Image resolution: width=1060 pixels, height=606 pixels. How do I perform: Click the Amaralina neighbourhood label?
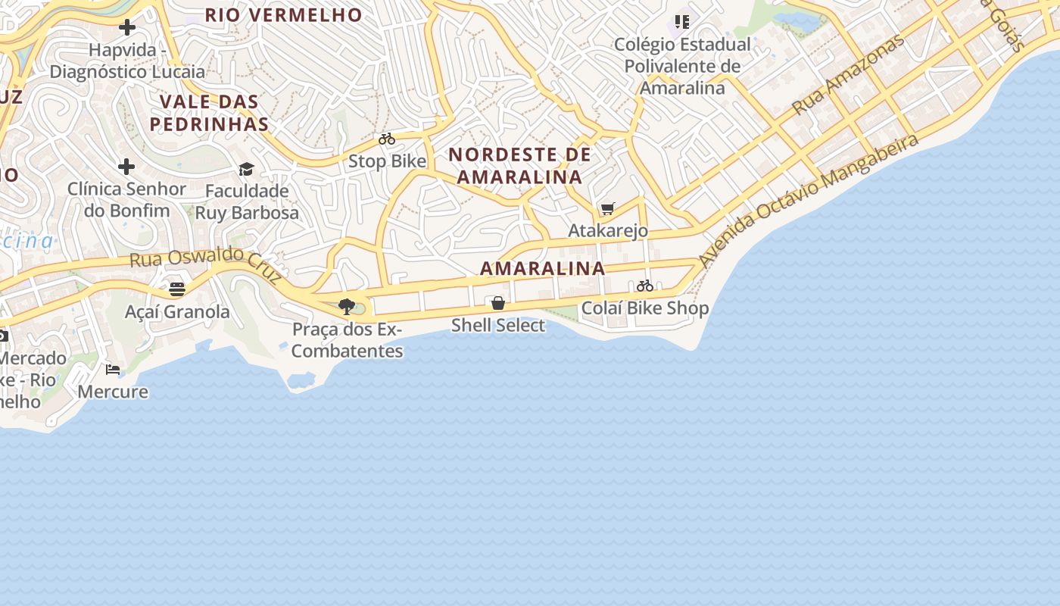(x=542, y=268)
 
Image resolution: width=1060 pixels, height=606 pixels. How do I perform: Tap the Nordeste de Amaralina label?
(x=519, y=165)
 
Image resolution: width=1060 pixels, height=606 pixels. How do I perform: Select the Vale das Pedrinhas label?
(x=209, y=112)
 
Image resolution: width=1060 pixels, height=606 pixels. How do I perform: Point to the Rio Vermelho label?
(x=283, y=14)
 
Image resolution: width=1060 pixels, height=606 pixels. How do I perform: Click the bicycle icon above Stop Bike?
(x=387, y=139)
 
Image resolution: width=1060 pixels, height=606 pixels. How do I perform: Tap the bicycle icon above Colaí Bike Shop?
(x=645, y=286)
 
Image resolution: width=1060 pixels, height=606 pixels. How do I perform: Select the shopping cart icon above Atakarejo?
(x=607, y=208)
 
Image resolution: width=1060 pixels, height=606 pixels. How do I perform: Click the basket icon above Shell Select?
(x=498, y=303)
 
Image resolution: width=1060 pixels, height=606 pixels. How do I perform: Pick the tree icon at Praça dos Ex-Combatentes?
(x=347, y=307)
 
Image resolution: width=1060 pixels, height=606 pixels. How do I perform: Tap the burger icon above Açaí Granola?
(x=177, y=289)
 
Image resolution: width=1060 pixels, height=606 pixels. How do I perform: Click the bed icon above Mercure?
(x=113, y=370)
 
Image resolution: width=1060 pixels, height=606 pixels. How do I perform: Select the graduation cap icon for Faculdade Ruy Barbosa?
(x=246, y=169)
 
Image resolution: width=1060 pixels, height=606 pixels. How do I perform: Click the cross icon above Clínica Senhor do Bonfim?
(x=126, y=166)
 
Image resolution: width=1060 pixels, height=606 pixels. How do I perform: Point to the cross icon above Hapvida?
(x=127, y=27)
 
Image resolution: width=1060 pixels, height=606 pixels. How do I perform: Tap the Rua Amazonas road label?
(x=848, y=74)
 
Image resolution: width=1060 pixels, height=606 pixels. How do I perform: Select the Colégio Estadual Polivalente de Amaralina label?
(x=682, y=66)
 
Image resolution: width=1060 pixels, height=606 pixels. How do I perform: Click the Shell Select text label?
(x=498, y=325)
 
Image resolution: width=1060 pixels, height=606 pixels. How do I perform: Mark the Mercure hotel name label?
(x=113, y=392)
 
